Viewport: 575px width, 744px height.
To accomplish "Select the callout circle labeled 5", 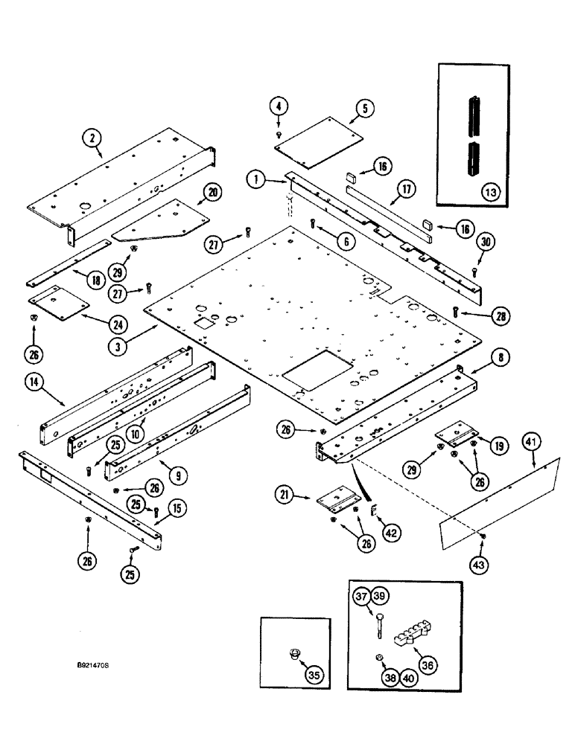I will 364,109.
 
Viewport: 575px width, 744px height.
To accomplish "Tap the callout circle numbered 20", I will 212,193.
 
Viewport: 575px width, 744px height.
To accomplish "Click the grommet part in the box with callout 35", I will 294,655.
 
